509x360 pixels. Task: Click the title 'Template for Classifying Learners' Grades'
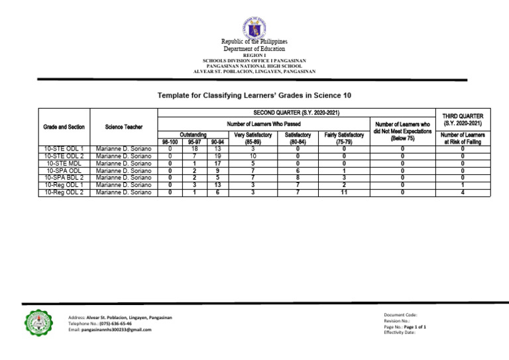point(254,95)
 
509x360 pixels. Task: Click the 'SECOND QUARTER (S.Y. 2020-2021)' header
point(296,113)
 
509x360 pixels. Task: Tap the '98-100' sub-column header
point(170,142)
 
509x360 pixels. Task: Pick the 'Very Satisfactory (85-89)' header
point(254,138)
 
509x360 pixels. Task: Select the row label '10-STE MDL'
point(64,163)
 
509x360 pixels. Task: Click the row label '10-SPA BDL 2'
point(64,178)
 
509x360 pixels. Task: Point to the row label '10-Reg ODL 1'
point(64,185)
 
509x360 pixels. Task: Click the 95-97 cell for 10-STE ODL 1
point(194,149)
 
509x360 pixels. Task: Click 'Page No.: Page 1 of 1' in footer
point(405,327)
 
